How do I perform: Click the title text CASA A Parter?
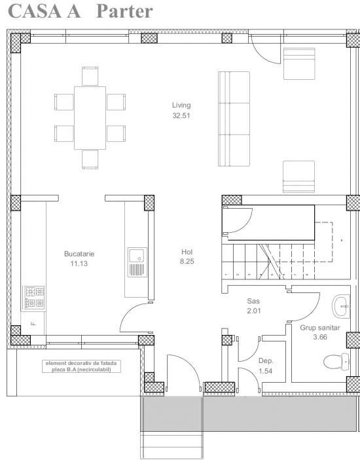pyautogui.click(x=81, y=11)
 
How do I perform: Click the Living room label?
pyautogui.click(x=181, y=105)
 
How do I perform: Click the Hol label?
pyautogui.click(x=187, y=251)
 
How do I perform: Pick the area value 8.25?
pyautogui.click(x=187, y=261)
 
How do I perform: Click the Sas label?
pyautogui.click(x=253, y=301)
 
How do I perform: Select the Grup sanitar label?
pyautogui.click(x=320, y=327)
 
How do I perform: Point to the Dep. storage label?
pyautogui.click(x=265, y=360)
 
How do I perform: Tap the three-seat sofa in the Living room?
pyautogui.click(x=234, y=119)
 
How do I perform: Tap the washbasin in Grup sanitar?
pyautogui.click(x=342, y=305)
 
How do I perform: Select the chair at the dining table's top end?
pyautogui.click(x=90, y=75)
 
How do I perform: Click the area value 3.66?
pyautogui.click(x=320, y=337)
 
